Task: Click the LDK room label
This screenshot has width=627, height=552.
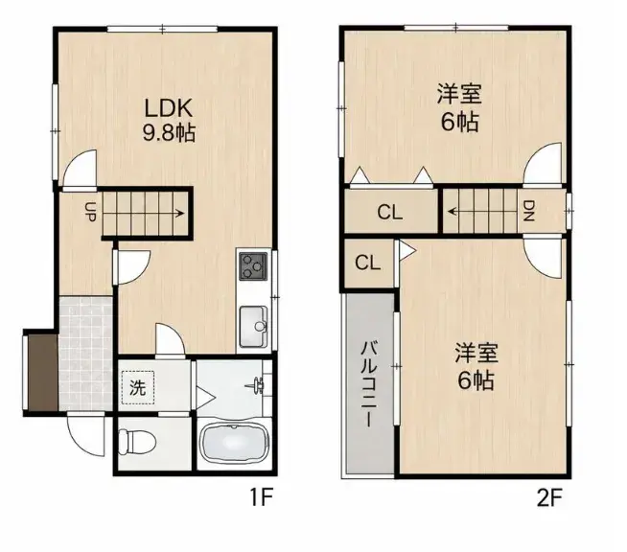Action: tap(169, 107)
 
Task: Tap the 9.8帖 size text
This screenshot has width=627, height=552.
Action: tap(169, 132)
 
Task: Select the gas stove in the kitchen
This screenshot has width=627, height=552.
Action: tap(253, 266)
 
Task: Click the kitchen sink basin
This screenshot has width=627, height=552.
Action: tap(253, 327)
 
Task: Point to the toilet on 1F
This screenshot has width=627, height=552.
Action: tap(137, 442)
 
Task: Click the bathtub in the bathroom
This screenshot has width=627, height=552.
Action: tap(234, 443)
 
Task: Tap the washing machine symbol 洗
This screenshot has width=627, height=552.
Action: tap(137, 387)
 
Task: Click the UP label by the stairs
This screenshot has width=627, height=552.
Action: tap(90, 212)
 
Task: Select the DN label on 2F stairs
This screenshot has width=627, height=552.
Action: tap(529, 211)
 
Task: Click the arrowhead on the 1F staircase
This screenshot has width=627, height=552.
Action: tap(181, 214)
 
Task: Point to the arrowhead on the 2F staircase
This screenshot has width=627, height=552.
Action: tap(453, 211)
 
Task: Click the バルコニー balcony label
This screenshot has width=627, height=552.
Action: tap(369, 383)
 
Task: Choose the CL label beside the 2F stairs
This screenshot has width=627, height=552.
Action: tap(390, 212)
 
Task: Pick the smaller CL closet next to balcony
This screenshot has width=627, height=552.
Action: tap(368, 263)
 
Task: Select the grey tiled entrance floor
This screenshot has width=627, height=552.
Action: tap(85, 354)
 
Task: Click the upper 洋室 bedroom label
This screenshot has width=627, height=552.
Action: tap(459, 94)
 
